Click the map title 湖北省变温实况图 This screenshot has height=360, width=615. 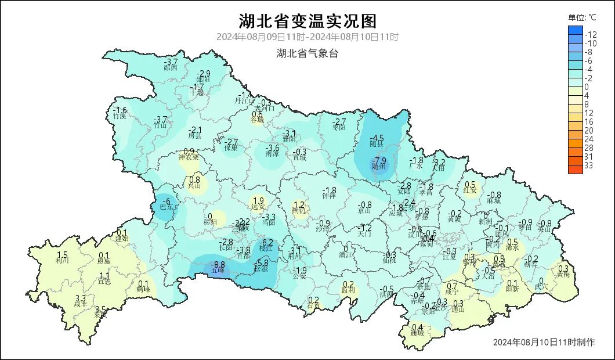point(307,21)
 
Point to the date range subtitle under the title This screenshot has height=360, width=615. point(307,37)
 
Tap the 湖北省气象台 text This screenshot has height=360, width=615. point(307,54)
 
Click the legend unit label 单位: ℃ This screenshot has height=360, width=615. point(582,17)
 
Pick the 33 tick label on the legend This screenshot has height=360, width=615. point(589,165)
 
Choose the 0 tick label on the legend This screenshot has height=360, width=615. point(587,87)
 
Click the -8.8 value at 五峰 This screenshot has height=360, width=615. point(220,265)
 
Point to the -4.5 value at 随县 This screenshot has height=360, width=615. point(377,138)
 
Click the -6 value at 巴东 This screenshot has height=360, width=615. point(167,201)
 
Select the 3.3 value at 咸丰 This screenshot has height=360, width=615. point(81,298)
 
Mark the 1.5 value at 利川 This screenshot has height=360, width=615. point(63,255)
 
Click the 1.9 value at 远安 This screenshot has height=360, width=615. point(259,201)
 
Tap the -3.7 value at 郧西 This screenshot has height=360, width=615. point(171,62)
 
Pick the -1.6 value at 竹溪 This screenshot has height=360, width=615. point(120,110)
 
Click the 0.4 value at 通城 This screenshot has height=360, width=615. point(417,327)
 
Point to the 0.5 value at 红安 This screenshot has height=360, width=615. point(471,185)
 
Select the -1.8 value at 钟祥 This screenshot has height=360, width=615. point(330,190)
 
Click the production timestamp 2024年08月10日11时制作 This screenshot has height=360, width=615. point(544,342)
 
